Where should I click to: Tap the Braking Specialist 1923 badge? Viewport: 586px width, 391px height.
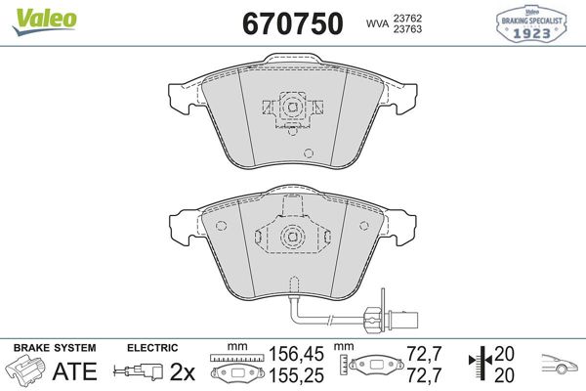[532, 23]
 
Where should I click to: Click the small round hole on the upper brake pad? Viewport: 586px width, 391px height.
[309, 152]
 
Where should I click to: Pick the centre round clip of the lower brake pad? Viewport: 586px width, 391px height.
[290, 238]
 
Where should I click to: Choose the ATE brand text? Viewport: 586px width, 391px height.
[73, 371]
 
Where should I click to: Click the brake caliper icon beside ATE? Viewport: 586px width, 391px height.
[27, 371]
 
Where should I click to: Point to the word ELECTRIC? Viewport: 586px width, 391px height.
[152, 347]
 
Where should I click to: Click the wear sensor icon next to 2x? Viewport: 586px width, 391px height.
[139, 372]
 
